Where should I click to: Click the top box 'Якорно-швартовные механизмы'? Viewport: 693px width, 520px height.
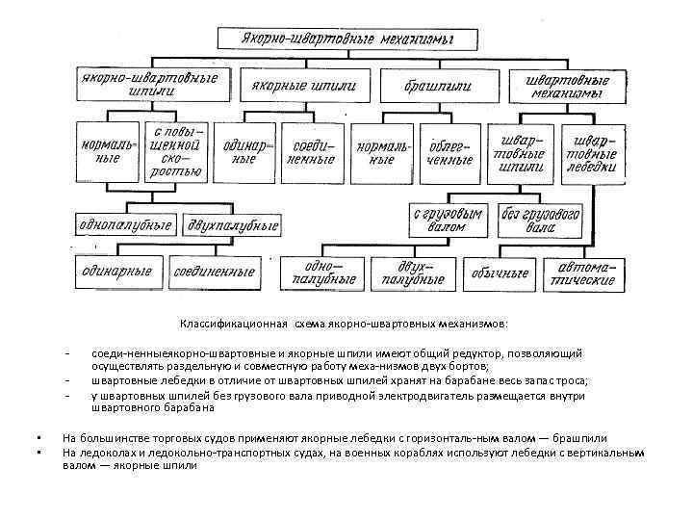[x=347, y=39]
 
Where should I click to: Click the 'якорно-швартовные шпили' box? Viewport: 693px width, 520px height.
[x=154, y=84]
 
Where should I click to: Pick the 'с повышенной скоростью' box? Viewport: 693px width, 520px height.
[x=174, y=151]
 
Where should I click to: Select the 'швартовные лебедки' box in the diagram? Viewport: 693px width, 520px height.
[x=593, y=151]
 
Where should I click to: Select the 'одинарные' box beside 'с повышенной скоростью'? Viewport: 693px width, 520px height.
[x=244, y=151]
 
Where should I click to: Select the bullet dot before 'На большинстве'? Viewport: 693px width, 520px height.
[x=35, y=438]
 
